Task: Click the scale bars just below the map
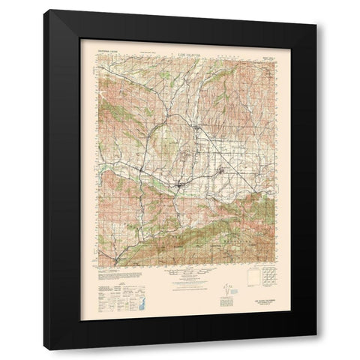pyautogui.click(x=180, y=268)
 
